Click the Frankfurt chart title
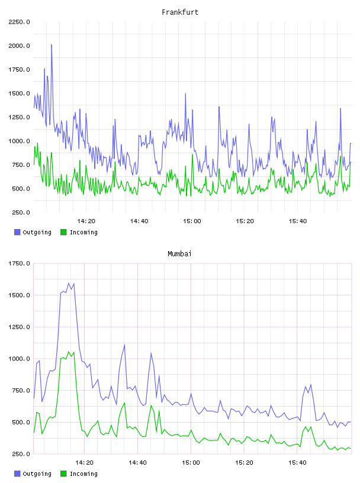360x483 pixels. (x=180, y=12)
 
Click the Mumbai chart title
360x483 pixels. (x=179, y=254)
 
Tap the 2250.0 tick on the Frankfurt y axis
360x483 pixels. (x=19, y=22)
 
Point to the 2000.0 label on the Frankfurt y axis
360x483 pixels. (x=19, y=46)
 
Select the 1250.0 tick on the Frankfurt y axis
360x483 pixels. (x=19, y=117)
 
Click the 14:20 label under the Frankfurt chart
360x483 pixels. (x=86, y=221)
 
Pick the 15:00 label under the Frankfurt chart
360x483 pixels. (x=192, y=221)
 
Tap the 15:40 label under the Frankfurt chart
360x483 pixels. (x=297, y=221)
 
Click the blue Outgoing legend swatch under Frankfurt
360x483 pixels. (x=17, y=232)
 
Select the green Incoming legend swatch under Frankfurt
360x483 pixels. (x=63, y=232)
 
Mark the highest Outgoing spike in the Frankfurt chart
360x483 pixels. (x=52, y=45)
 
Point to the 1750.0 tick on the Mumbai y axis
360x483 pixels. (x=19, y=263)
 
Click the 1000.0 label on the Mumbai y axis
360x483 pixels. (x=19, y=359)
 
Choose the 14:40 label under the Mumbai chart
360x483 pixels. (x=137, y=463)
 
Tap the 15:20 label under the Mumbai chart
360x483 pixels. (x=244, y=463)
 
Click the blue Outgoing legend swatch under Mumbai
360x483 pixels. (x=17, y=474)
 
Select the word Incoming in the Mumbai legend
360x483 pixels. (x=83, y=474)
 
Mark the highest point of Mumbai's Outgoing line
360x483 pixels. (x=69, y=283)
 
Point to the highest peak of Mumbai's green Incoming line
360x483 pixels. (x=69, y=352)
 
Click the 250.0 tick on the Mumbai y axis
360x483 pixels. (x=19, y=454)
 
